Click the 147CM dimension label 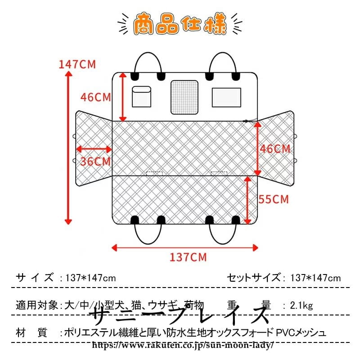(x=77, y=64)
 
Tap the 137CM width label (x=188, y=257)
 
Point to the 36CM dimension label (x=95, y=161)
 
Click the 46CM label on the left (x=95, y=97)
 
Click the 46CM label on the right (x=275, y=149)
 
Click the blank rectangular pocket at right (x=226, y=95)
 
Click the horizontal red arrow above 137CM (x=184, y=247)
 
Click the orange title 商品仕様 (x=180, y=25)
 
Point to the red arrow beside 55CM (x=247, y=199)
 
